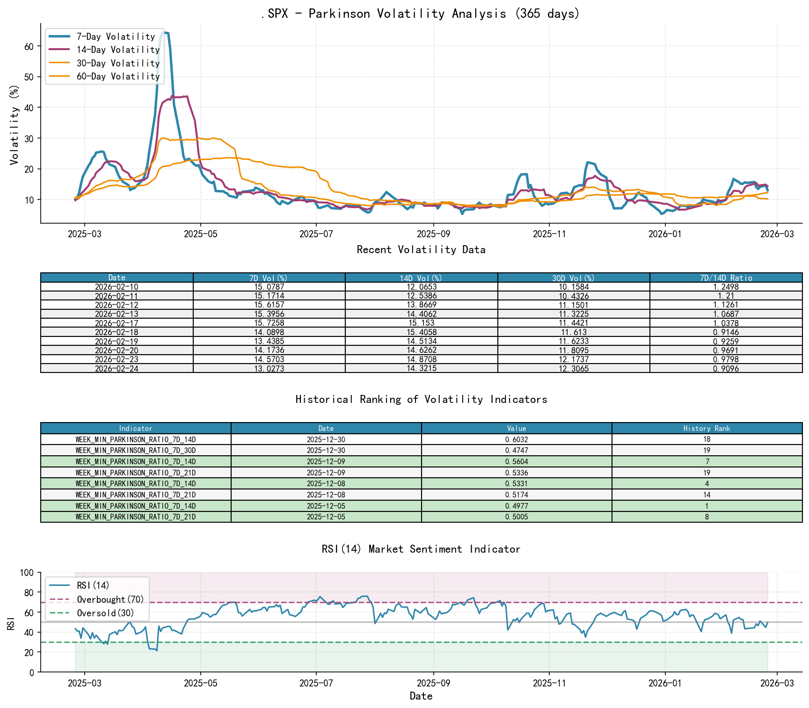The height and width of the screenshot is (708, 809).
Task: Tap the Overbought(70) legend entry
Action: [x=110, y=599]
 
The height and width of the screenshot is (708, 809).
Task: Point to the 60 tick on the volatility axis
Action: [x=29, y=46]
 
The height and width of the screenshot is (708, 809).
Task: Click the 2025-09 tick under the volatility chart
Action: [x=433, y=233]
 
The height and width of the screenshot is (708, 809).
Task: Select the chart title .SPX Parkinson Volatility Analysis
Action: [x=421, y=14]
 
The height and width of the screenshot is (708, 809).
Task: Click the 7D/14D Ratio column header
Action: [x=726, y=278]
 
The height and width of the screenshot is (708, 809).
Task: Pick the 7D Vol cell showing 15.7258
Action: [x=269, y=323]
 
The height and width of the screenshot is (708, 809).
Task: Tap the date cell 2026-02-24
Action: [x=117, y=369]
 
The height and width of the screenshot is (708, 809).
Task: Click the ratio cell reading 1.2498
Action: [x=726, y=287]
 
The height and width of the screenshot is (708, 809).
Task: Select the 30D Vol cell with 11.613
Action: [x=574, y=332]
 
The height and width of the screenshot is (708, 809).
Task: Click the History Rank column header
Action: [x=707, y=428]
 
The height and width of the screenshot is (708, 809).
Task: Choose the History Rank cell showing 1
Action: [x=707, y=506]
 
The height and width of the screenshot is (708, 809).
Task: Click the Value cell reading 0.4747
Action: [x=517, y=450]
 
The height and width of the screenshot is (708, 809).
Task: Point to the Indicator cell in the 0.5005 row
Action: [x=136, y=517]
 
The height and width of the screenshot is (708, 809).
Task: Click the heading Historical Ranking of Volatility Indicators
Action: [x=421, y=399]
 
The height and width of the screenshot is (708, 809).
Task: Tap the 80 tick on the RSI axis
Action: [x=29, y=593]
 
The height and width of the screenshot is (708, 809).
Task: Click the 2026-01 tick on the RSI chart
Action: [x=664, y=683]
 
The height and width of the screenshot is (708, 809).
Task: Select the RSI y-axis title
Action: [x=11, y=623]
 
